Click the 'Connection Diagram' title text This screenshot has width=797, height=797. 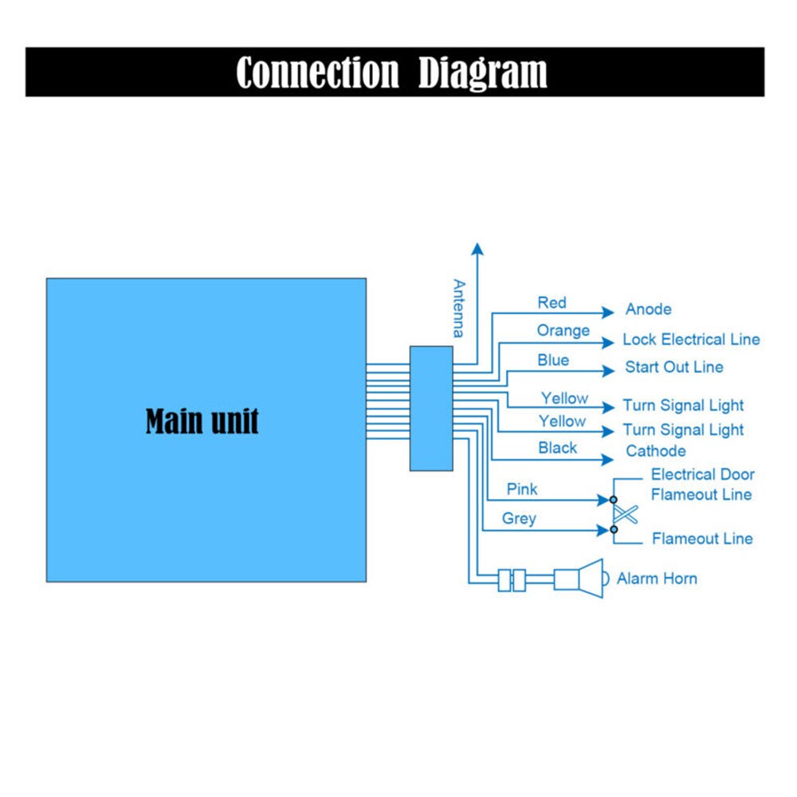point(391,73)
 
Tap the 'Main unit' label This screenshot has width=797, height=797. point(202,421)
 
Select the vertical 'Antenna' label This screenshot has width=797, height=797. point(458,308)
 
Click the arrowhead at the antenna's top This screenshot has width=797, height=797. point(477,248)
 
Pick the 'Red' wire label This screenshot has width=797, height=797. point(552,303)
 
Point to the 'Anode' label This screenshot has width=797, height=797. point(648,309)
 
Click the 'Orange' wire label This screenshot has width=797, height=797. point(563,331)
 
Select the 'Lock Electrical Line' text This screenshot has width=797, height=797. point(691,340)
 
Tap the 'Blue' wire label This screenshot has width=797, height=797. point(553,360)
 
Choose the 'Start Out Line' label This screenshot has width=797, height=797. point(673,367)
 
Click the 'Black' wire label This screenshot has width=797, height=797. point(557,448)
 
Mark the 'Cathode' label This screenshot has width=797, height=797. point(655,451)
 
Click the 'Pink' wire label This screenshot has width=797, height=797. point(522,489)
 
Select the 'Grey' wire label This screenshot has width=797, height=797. point(519,519)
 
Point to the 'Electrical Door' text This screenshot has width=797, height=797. point(702,474)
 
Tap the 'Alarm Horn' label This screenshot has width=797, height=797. point(657,579)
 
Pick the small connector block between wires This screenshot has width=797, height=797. point(430,408)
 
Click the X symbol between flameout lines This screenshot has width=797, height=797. point(626,515)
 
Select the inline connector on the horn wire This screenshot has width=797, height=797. point(512,579)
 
